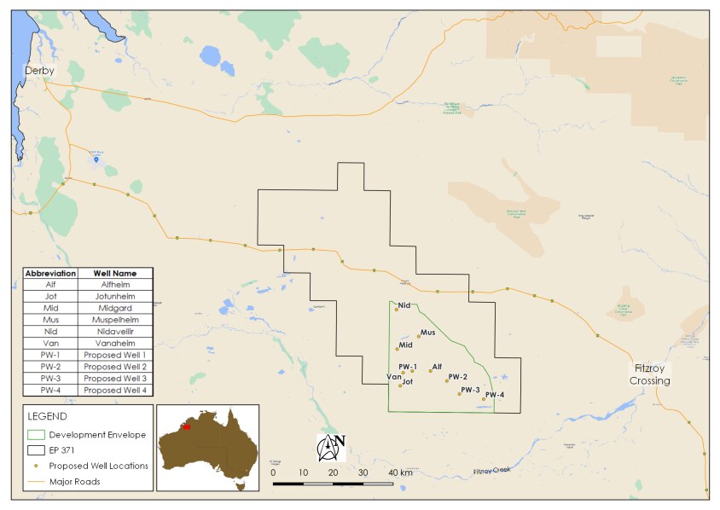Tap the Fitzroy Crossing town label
(x=650, y=374)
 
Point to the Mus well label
(x=427, y=332)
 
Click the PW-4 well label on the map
(x=495, y=394)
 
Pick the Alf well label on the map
(x=437, y=366)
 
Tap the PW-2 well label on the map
(x=457, y=376)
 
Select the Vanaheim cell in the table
(x=115, y=342)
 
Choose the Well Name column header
(x=115, y=273)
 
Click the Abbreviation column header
(x=50, y=273)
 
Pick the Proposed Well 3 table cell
(x=115, y=378)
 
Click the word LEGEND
(x=48, y=416)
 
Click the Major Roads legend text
(x=74, y=482)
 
